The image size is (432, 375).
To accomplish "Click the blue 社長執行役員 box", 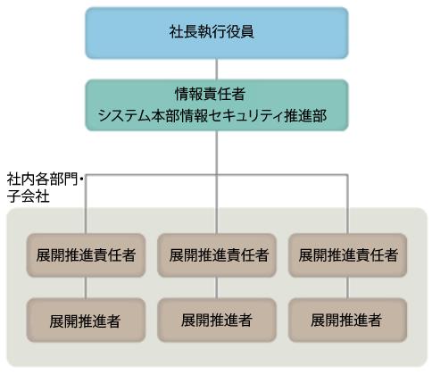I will [x=216, y=32].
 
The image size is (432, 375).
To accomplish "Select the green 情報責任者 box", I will [x=216, y=104].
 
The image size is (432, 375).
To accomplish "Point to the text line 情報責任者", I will [x=216, y=94].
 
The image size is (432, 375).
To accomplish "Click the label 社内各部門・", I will [x=45, y=180].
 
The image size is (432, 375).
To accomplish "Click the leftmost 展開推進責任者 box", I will [x=85, y=254].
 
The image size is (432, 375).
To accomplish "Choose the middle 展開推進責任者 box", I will [x=216, y=254].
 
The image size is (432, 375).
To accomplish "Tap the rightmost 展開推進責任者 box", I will [x=347, y=254].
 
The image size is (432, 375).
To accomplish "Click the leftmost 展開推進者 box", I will [x=85, y=318].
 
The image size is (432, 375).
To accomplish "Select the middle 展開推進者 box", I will [x=216, y=318].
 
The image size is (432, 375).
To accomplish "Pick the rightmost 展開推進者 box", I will [x=347, y=318].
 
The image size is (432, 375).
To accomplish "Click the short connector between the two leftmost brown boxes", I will [x=85, y=287].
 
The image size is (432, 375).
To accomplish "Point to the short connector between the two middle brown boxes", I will [x=216, y=287].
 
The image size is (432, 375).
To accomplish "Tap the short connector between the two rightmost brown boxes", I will [x=347, y=287].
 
